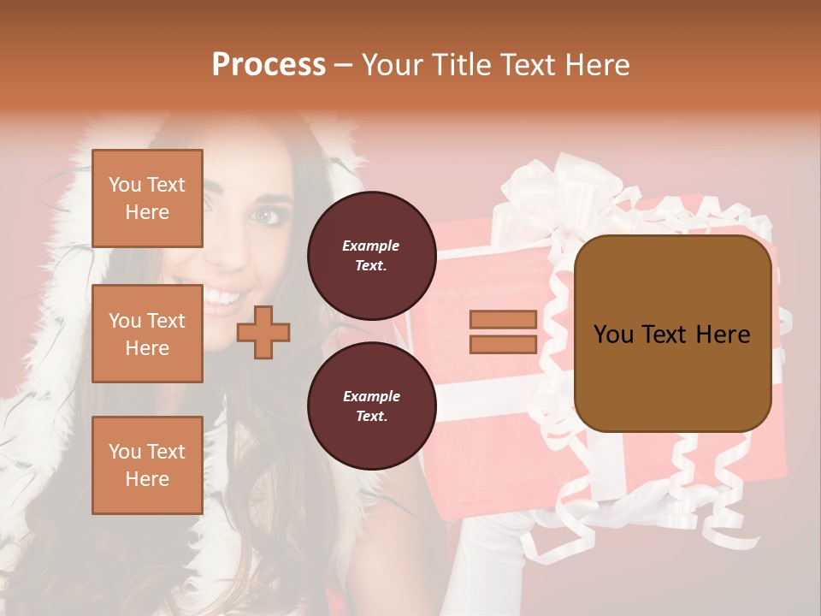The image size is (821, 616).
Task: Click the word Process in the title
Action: [269, 65]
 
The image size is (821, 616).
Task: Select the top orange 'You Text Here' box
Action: [147, 198]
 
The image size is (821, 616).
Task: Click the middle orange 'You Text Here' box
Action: [147, 334]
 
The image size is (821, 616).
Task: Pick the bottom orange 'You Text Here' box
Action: [147, 465]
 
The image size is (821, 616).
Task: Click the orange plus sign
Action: [263, 332]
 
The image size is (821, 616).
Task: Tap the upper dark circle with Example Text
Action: [371, 256]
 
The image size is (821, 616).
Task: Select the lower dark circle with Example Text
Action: [371, 406]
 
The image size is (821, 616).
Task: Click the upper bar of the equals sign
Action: [503, 320]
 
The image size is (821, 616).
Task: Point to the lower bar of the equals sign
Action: [503, 344]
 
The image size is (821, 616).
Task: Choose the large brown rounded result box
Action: [672, 334]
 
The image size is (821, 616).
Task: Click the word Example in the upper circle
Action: [371, 246]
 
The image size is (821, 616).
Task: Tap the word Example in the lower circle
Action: [371, 397]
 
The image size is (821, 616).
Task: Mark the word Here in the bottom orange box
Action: [147, 479]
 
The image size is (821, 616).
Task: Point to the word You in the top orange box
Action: [125, 185]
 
